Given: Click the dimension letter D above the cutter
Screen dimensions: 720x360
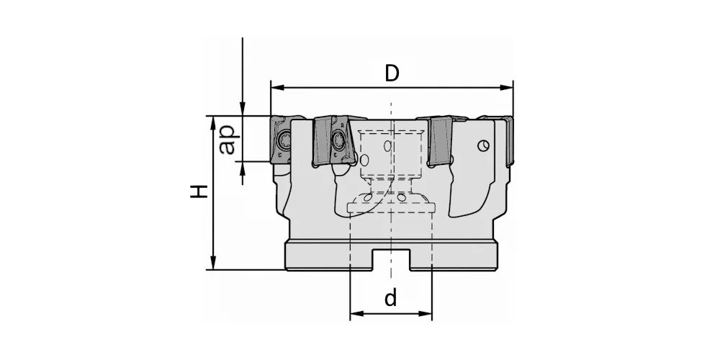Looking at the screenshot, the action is pos(392,73).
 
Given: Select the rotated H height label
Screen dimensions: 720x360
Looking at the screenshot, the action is pos(199,192).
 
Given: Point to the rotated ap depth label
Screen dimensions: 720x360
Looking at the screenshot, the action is pos(228,140).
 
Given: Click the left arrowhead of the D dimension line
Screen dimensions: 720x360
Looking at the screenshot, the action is pos(276,87).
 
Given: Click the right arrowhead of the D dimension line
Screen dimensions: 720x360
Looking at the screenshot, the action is pos(507,87).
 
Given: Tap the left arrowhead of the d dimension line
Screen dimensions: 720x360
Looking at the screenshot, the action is pos(356,314).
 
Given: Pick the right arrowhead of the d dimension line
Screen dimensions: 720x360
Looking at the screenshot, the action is pos(426,314).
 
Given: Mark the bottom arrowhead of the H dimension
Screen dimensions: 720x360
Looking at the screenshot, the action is pos(213,264).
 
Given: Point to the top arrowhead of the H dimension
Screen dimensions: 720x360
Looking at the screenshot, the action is pos(213,122).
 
